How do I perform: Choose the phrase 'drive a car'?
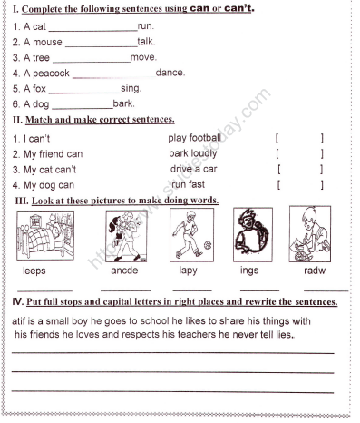pos(193,169)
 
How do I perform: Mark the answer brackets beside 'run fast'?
pos(299,184)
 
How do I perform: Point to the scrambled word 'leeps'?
pos(34,271)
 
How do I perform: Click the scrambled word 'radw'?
pos(315,271)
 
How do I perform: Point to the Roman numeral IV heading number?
pos(17,300)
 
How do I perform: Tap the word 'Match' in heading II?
pos(40,120)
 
